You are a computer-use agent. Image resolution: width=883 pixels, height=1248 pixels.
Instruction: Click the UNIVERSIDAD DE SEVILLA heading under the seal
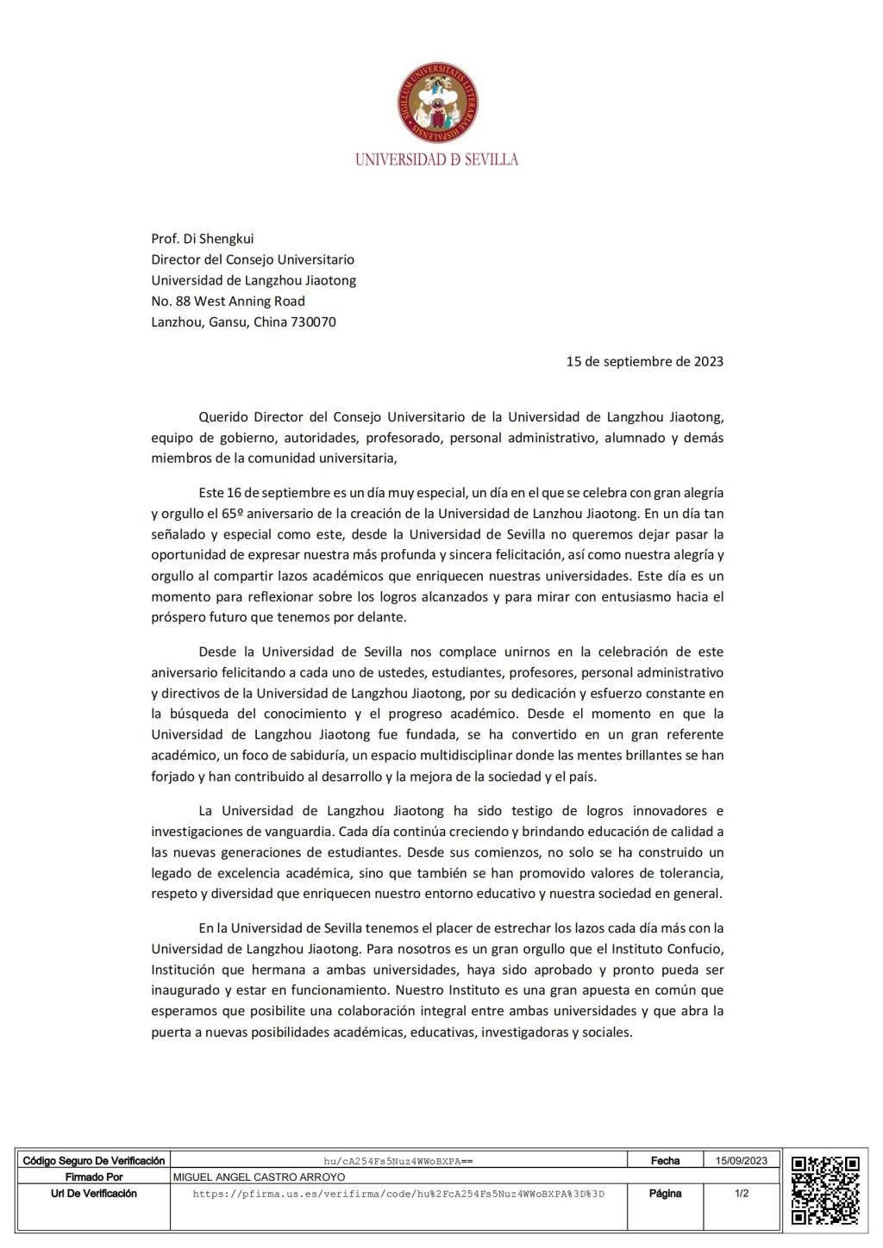point(437,159)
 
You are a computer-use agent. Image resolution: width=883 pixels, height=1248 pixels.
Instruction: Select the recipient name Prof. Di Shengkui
point(203,239)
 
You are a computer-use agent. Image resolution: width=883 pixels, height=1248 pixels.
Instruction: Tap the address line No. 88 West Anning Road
point(228,301)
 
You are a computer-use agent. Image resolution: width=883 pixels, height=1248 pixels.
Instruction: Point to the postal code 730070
point(316,322)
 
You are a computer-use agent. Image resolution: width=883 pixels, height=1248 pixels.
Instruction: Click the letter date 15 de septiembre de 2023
point(644,361)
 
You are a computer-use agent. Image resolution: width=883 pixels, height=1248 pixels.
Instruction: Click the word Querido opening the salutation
point(222,417)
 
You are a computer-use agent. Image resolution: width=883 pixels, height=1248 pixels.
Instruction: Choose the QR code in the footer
point(825,1190)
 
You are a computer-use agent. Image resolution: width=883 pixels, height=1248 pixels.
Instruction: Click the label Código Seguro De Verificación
point(93,1161)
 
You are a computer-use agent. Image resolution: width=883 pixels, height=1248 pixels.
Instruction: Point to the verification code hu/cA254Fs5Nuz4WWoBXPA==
point(398,1161)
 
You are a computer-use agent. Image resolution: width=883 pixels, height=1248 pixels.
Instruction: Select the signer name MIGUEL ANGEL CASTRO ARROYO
point(259,1177)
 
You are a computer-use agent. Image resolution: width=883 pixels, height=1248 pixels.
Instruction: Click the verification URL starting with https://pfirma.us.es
point(398,1194)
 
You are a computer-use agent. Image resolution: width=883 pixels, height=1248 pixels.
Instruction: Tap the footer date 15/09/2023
point(741,1161)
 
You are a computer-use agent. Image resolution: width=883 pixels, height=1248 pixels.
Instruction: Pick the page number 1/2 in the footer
point(741,1194)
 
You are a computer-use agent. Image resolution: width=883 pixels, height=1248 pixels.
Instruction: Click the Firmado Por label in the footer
point(93,1177)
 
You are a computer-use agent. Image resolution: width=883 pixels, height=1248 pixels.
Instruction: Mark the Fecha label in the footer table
point(665,1161)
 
